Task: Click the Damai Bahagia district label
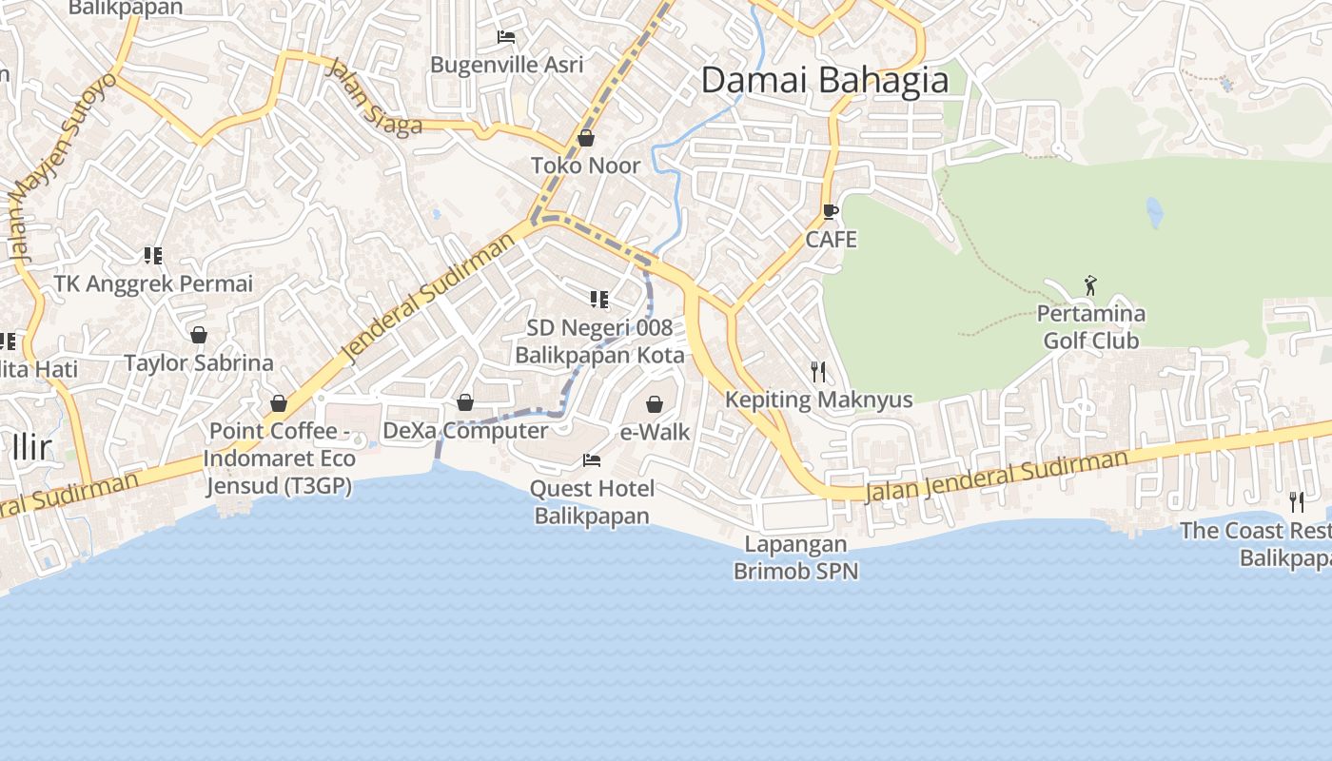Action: (x=825, y=81)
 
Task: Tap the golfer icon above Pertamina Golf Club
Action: (x=1090, y=284)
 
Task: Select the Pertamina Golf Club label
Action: (x=1090, y=327)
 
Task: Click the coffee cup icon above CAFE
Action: (x=831, y=211)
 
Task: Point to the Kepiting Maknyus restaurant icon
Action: (x=817, y=371)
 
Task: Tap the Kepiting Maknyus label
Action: (x=818, y=400)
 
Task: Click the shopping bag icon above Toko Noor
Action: (x=586, y=138)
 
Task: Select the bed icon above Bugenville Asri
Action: (x=506, y=37)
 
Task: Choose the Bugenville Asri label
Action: (x=506, y=65)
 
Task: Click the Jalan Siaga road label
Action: (x=374, y=98)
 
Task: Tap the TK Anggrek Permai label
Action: (x=153, y=284)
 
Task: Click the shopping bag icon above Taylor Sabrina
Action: (x=199, y=335)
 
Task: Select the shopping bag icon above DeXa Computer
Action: (x=465, y=402)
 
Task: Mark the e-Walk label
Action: (x=655, y=432)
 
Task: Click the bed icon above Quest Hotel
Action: (x=592, y=460)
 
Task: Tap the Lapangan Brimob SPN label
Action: (x=795, y=557)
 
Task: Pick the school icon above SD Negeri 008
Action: (x=599, y=301)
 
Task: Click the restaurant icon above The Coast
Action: (x=1296, y=501)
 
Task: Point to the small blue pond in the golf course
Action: (x=1155, y=212)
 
